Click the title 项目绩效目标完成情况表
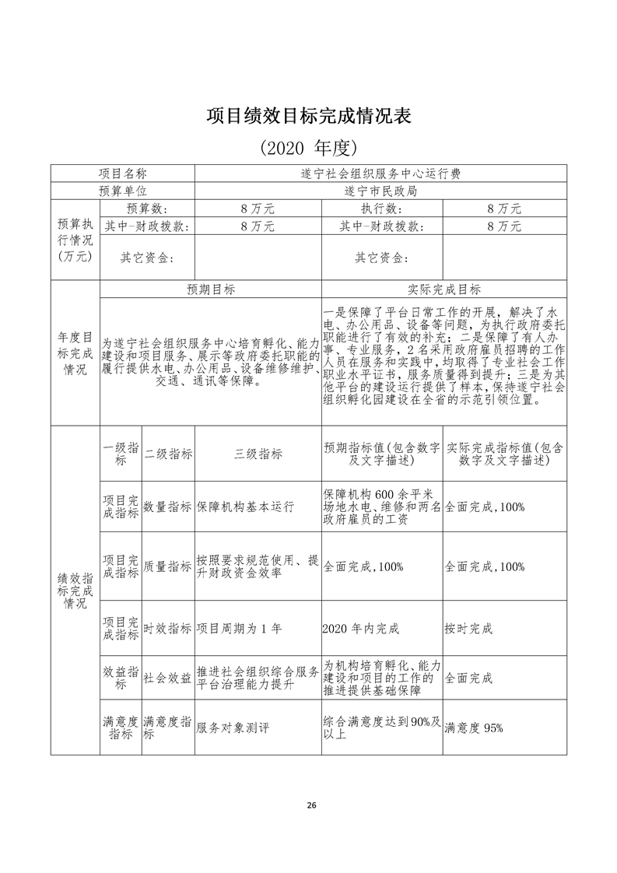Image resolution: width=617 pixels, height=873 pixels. (308, 117)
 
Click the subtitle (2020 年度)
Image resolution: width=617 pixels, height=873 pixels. (308, 148)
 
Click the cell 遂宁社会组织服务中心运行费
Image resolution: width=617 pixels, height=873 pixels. (380, 174)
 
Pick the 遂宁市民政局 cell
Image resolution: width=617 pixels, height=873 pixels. (380, 191)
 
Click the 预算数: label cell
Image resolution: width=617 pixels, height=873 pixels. (147, 209)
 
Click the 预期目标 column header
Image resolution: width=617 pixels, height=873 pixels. (210, 289)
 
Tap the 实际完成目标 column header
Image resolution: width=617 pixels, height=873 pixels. (443, 289)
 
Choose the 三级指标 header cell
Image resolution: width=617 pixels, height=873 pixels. (258, 454)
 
